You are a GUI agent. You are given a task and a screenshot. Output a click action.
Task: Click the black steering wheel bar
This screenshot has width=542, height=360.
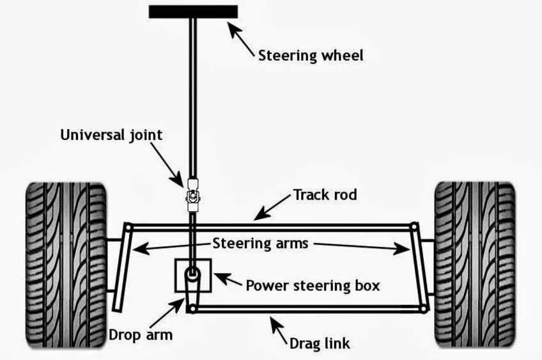[193, 12]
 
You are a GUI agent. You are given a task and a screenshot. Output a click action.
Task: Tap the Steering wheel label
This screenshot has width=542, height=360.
[311, 55]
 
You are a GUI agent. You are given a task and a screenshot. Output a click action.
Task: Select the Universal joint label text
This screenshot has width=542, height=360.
[111, 135]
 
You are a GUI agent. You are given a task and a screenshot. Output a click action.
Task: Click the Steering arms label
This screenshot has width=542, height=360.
[260, 243]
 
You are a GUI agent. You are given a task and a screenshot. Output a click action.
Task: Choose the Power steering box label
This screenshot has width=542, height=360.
[313, 285]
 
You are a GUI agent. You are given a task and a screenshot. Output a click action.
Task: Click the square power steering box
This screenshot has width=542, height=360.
[193, 277]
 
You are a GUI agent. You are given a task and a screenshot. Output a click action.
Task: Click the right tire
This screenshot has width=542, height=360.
[474, 264]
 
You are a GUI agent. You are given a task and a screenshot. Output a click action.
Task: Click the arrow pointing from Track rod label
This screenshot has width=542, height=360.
[272, 207]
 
